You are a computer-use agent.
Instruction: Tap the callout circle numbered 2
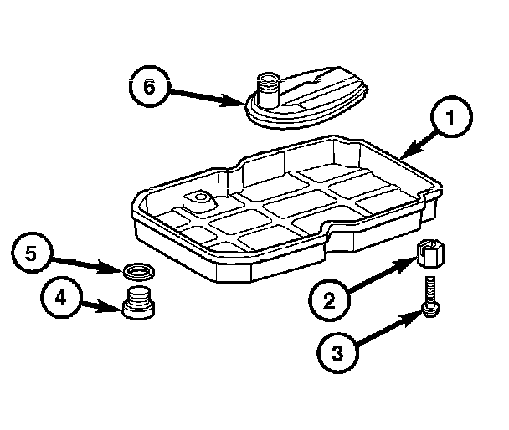[329, 298]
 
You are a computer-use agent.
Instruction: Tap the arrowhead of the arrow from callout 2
[412, 261]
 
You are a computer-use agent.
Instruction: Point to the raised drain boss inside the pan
[198, 201]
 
